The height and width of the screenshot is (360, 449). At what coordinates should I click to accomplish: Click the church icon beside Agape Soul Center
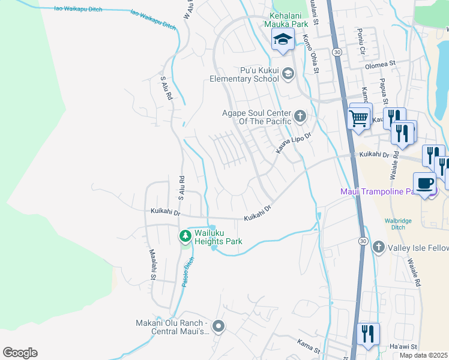point(300,115)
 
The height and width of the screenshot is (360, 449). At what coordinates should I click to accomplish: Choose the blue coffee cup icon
point(424,183)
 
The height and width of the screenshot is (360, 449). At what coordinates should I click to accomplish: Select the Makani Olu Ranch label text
point(171,328)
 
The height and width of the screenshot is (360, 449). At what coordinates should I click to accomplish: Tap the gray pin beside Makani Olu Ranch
point(218,327)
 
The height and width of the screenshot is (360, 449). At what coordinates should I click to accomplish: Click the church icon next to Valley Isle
point(379,247)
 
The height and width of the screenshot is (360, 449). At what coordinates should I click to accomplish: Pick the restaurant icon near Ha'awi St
point(368,334)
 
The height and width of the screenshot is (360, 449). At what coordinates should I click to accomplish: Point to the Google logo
point(20,353)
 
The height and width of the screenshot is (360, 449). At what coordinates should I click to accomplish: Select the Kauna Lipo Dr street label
point(294,143)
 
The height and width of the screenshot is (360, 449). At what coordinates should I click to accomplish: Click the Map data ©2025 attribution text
point(423,355)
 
